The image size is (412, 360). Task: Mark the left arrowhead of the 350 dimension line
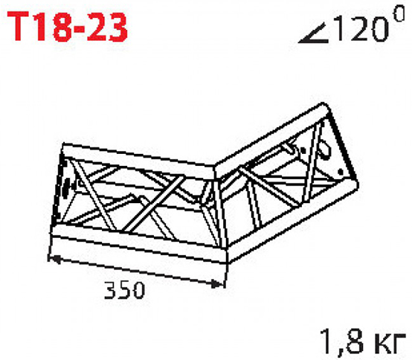[x=54, y=258]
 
